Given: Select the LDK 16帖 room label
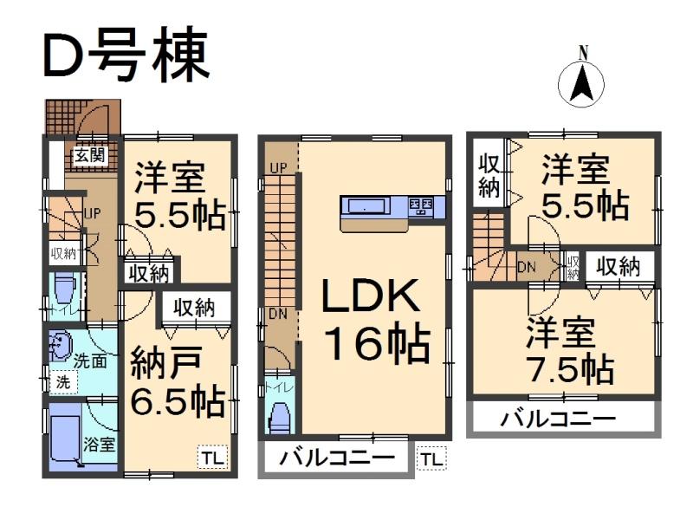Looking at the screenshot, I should coord(373,322).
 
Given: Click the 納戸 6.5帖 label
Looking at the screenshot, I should coord(177,382).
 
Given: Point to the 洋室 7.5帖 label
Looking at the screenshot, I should coord(562,352).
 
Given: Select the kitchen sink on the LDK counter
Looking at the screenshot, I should coord(367,206).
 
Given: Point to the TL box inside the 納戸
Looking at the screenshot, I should coord(212,458).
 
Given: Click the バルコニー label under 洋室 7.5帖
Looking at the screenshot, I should coord(558,419).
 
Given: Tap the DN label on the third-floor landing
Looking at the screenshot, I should coord(527,267).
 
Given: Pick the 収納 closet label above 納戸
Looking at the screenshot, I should coord(193,307).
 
